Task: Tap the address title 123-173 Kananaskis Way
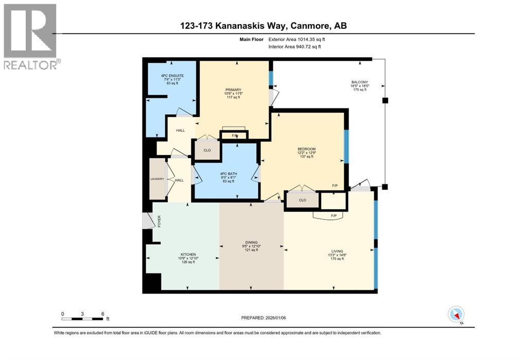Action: click(x=263, y=26)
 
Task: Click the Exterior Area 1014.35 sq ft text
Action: click(x=297, y=39)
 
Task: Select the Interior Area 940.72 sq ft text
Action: click(x=295, y=47)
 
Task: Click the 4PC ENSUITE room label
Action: click(x=172, y=79)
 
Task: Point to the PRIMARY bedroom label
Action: click(x=234, y=93)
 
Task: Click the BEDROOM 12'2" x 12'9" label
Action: click(x=306, y=152)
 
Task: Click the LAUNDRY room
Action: click(x=157, y=179)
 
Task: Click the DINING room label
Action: click(x=251, y=246)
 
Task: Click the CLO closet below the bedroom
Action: click(x=302, y=200)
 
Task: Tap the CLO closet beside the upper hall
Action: click(x=206, y=150)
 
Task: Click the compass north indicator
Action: click(x=456, y=315)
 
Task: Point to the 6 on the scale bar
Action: click(x=103, y=314)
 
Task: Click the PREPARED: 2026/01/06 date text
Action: click(x=263, y=318)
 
